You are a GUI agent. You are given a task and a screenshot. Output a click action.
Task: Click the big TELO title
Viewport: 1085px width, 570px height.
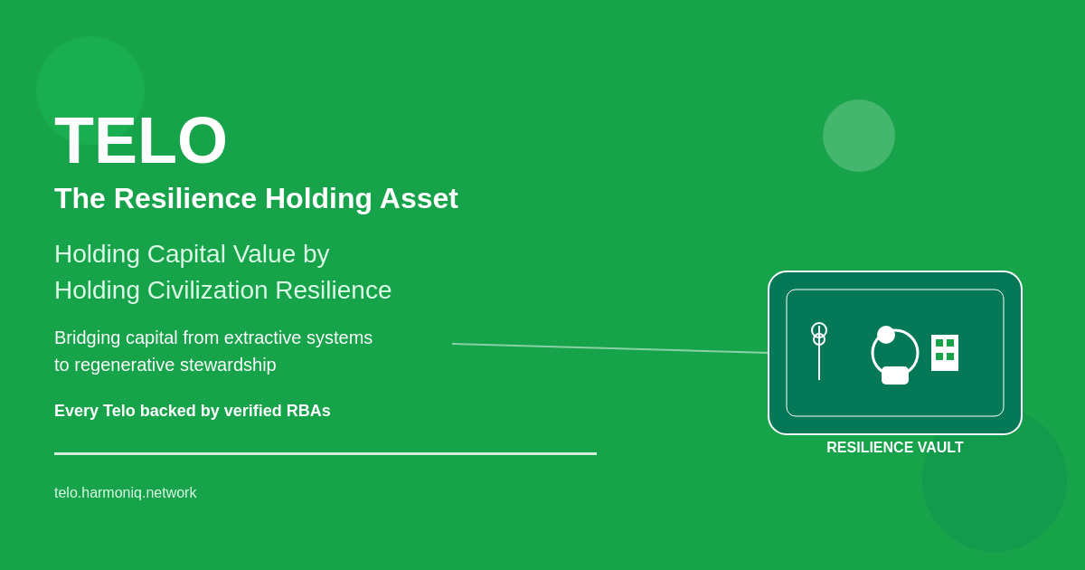[140, 140]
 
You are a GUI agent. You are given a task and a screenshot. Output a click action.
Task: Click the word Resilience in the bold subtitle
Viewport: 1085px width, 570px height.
[185, 198]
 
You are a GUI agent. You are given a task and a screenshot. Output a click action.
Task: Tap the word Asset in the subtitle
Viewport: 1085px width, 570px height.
[419, 198]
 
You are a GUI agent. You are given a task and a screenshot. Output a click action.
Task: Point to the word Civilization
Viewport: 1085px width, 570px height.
[207, 290]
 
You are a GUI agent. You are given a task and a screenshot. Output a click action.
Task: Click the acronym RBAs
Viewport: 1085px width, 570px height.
[308, 411]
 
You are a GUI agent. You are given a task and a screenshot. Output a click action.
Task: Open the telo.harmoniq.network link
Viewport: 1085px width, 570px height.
[126, 492]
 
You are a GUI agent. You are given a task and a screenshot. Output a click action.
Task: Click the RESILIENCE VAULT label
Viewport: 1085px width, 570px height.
[895, 447]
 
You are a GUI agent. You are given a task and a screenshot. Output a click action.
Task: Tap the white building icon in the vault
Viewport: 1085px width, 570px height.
[945, 353]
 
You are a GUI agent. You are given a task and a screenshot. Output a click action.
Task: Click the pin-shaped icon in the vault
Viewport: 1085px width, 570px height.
[819, 351]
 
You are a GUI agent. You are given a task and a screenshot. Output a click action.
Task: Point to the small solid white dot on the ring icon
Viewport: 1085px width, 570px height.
[886, 335]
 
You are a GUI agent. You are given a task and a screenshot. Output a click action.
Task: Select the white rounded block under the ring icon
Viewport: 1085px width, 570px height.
[894, 375]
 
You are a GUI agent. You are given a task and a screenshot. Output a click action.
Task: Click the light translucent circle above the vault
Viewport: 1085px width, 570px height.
[859, 136]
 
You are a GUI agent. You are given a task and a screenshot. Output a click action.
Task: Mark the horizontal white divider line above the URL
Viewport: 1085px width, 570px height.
[325, 453]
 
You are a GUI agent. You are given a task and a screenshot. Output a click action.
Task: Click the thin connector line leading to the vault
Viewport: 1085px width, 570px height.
[609, 348]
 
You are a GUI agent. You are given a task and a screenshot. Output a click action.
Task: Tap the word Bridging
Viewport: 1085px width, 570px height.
[87, 337]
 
